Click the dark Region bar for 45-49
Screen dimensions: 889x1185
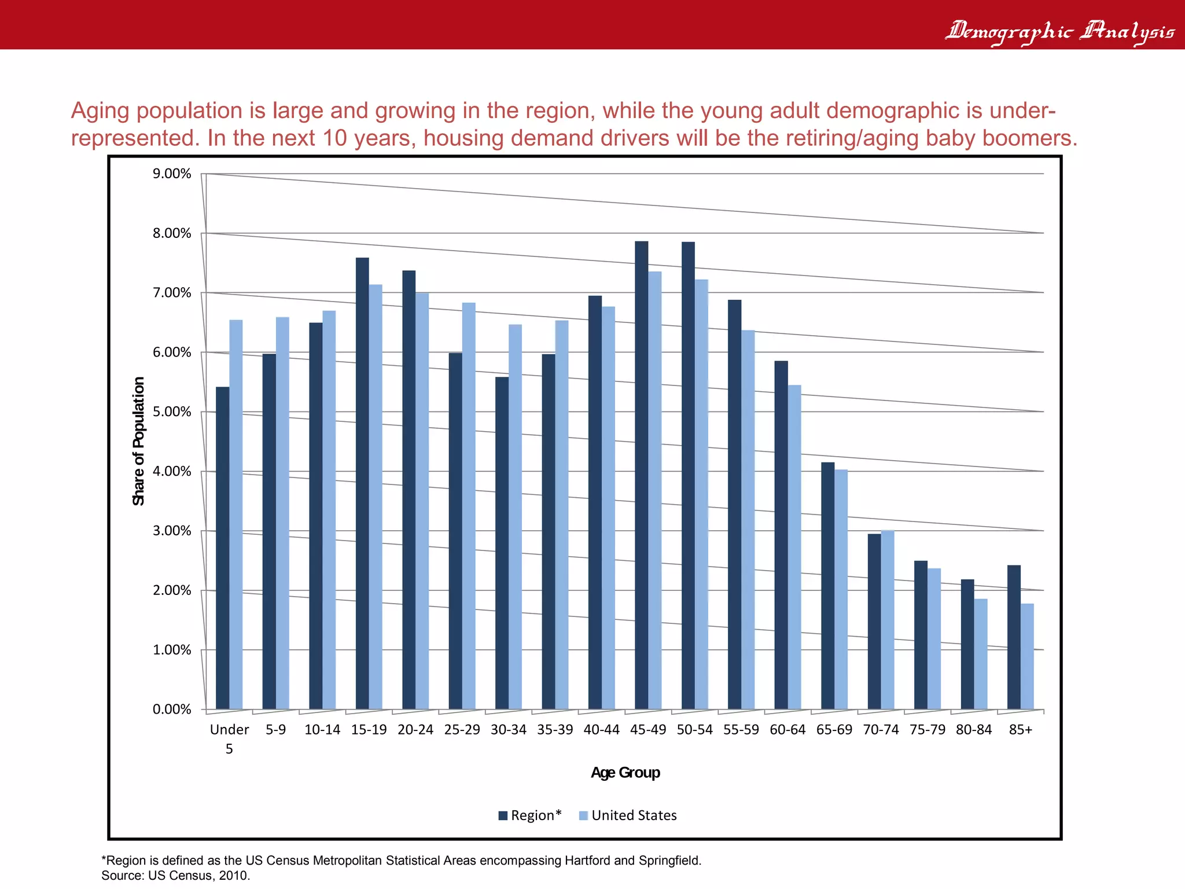coord(641,475)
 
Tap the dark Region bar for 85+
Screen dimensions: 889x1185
coord(1014,637)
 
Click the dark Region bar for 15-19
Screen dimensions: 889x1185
coord(362,483)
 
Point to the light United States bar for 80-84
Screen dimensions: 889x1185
coord(981,653)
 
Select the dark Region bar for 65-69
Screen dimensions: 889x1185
coord(827,585)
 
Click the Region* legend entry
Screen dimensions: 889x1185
coord(530,815)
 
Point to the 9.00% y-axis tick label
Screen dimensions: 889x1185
coord(172,174)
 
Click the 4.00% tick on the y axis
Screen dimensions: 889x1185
coord(172,471)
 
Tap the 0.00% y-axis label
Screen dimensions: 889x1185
coord(172,710)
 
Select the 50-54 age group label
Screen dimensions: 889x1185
coord(694,730)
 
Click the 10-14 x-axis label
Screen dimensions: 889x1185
coord(322,730)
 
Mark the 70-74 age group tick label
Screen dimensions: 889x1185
coord(881,730)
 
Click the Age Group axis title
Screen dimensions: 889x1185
coord(625,773)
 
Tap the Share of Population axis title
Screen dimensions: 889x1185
coord(138,441)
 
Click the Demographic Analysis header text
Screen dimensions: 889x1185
coord(1059,30)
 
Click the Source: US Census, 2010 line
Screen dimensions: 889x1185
coord(175,875)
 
